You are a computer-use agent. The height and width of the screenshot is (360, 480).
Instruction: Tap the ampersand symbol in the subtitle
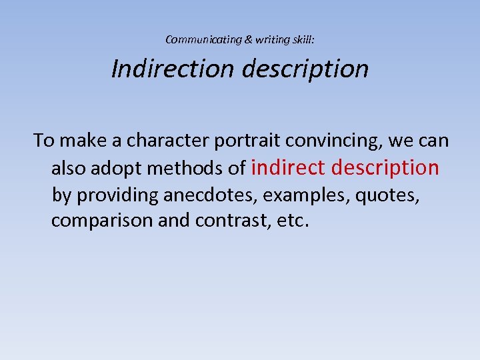[x=249, y=40]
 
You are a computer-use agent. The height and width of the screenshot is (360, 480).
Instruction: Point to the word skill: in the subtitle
[x=303, y=40]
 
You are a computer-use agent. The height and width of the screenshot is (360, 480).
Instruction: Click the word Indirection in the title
[x=173, y=69]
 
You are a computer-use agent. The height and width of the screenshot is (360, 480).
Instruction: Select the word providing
[x=117, y=195]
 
